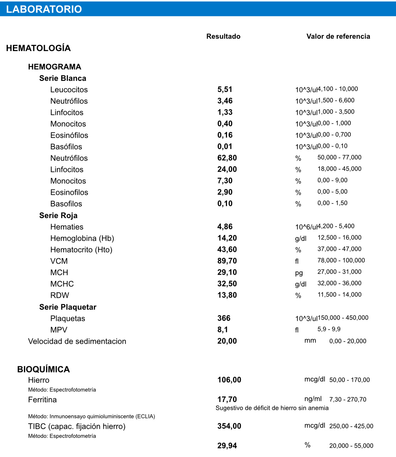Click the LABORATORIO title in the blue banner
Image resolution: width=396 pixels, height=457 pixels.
pyautogui.click(x=44, y=9)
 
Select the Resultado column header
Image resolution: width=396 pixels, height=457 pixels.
pyautogui.click(x=223, y=37)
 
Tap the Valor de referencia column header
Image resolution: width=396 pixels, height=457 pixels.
pyautogui.click(x=338, y=37)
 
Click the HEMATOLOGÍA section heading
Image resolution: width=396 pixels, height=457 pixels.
pyautogui.click(x=38, y=48)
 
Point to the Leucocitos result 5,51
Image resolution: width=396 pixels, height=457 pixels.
pyautogui.click(x=225, y=90)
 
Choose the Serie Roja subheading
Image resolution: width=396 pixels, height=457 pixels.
pyautogui.click(x=58, y=215)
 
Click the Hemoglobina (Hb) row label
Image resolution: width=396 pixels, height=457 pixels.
pyautogui.click(x=82, y=239)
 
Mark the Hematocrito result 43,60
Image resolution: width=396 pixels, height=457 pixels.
pyautogui.click(x=227, y=250)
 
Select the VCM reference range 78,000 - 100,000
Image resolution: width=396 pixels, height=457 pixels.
pyautogui.click(x=341, y=260)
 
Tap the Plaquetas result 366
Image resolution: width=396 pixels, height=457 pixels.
pyautogui.click(x=224, y=318)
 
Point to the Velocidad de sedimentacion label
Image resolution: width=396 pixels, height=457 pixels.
pyautogui.click(x=77, y=341)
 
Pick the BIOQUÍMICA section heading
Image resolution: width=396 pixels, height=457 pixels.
pyautogui.click(x=43, y=369)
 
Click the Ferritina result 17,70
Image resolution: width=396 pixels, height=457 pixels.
pyautogui.click(x=227, y=400)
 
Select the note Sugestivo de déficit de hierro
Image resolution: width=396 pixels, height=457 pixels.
pyautogui.click(x=272, y=408)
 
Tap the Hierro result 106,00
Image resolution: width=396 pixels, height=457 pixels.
pyautogui.click(x=229, y=380)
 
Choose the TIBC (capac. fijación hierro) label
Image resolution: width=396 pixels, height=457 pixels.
pyautogui.click(x=77, y=426)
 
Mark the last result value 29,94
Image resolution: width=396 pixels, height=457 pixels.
pyautogui.click(x=227, y=446)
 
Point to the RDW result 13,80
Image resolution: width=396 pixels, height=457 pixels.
pyautogui.click(x=227, y=295)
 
